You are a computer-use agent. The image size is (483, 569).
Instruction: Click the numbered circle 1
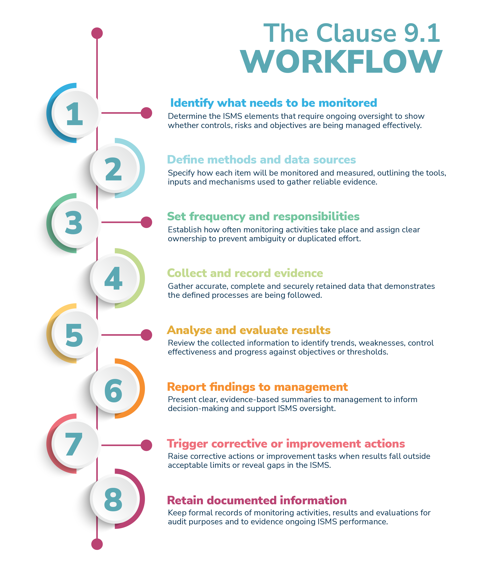pyautogui.click(x=76, y=113)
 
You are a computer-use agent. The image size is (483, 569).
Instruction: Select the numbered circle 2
pyautogui.click(x=114, y=168)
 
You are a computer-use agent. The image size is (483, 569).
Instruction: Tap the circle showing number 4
pyautogui.click(x=114, y=278)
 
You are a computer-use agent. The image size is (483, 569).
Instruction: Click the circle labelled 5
pyautogui.click(x=76, y=334)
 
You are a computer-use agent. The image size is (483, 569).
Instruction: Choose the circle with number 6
pyautogui.click(x=114, y=389)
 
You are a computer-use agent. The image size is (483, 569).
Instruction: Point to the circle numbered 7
pyautogui.click(x=76, y=444)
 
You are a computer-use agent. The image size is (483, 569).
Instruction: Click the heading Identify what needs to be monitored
pyautogui.click(x=274, y=103)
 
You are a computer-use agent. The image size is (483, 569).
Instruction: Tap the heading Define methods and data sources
pyautogui.click(x=261, y=160)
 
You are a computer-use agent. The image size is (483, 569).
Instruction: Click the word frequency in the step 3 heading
pyautogui.click(x=217, y=217)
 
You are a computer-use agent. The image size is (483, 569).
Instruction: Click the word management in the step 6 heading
pyautogui.click(x=311, y=387)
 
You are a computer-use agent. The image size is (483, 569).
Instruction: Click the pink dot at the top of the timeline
pyautogui.click(x=97, y=33)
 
